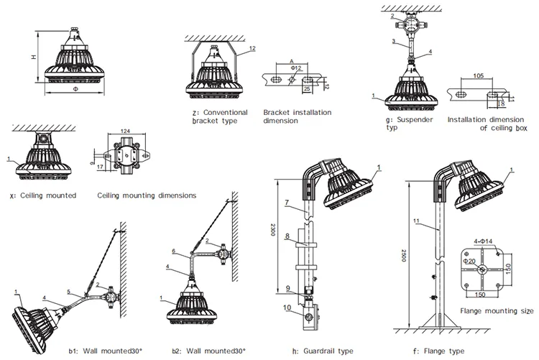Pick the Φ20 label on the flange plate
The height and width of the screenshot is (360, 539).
click(471, 262)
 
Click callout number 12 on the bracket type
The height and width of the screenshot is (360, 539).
click(252, 49)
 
